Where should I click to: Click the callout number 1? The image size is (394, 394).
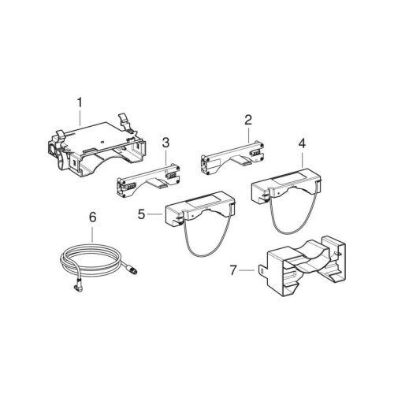80,102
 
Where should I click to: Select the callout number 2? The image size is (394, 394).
248,120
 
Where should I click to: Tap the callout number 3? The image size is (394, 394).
165,143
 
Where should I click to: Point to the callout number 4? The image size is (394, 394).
302,143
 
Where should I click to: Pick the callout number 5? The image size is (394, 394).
141,214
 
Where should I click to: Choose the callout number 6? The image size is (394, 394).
92,217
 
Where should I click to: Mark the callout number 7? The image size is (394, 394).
232,270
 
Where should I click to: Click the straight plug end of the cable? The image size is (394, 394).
133,270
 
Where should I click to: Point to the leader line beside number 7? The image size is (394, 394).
247,269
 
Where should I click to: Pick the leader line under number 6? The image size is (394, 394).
92,234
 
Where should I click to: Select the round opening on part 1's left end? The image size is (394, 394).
51,151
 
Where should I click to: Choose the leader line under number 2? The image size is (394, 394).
248,135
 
